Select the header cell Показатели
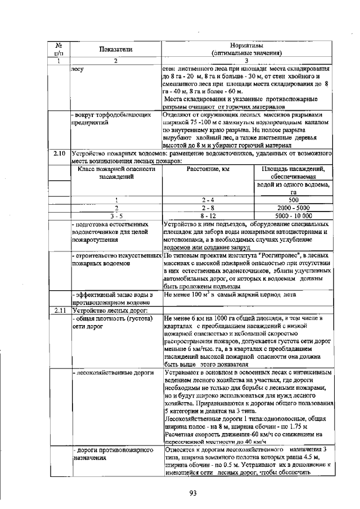pyautogui.click(x=115, y=49)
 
